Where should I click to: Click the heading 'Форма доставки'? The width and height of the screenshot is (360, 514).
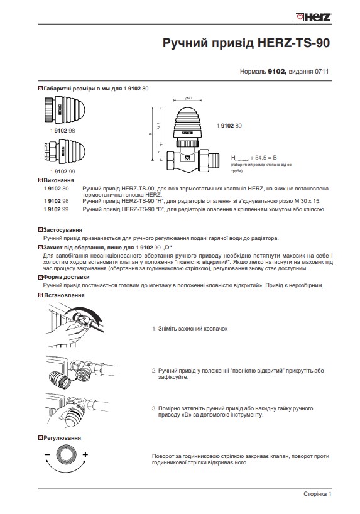65,278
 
